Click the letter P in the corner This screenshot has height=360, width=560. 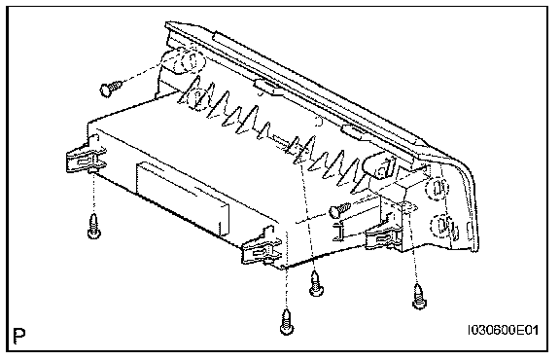click(x=19, y=336)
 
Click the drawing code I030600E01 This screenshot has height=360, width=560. click(x=503, y=330)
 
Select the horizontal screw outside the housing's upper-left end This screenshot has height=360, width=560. click(x=111, y=88)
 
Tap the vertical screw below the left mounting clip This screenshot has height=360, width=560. click(x=94, y=227)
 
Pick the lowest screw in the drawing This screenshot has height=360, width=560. click(x=287, y=322)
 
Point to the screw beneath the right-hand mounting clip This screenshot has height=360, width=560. click(x=419, y=296)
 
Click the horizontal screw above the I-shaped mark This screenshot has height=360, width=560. click(x=340, y=209)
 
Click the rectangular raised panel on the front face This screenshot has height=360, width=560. click(x=182, y=198)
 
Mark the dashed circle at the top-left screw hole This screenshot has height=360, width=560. click(x=184, y=61)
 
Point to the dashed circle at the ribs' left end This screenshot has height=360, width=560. click(x=196, y=98)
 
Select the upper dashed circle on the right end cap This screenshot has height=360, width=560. click(x=437, y=189)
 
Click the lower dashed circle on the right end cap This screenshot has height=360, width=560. click(x=441, y=226)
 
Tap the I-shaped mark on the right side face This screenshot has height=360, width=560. click(x=338, y=231)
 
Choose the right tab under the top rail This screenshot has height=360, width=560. click(x=354, y=131)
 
